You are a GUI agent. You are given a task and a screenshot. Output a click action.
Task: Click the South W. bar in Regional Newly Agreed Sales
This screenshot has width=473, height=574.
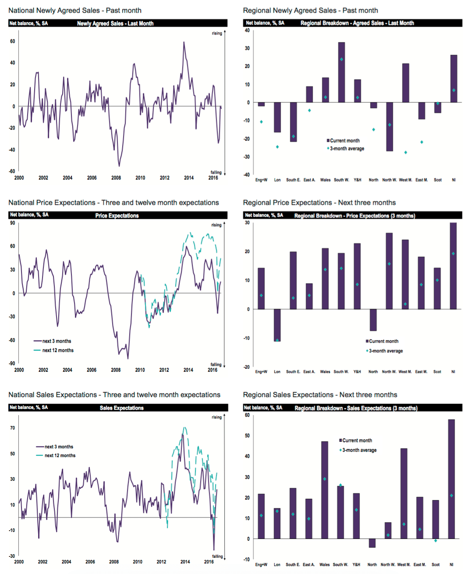(x=341, y=72)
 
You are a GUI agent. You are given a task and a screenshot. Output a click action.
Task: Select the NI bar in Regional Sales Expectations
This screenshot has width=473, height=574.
(x=452, y=479)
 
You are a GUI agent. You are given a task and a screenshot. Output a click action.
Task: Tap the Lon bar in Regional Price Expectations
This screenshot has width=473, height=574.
(x=277, y=325)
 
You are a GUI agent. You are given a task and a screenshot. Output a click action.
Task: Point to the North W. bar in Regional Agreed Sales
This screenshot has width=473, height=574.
(x=389, y=127)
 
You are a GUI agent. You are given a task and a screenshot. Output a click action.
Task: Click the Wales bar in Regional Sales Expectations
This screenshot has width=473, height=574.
(x=325, y=490)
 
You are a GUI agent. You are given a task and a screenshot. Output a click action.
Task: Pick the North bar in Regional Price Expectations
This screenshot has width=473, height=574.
(x=373, y=320)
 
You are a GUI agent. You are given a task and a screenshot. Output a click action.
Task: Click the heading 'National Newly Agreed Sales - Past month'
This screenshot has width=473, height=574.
(x=75, y=10)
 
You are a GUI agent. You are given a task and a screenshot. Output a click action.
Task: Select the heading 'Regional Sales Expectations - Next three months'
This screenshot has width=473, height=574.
(x=320, y=395)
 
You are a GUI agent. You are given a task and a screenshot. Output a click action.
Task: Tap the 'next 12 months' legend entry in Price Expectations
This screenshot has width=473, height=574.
(x=58, y=350)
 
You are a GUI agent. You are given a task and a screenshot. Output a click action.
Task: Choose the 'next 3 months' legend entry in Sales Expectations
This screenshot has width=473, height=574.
(x=59, y=447)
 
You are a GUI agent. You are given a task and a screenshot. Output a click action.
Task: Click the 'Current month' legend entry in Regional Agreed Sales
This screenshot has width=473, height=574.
(x=345, y=140)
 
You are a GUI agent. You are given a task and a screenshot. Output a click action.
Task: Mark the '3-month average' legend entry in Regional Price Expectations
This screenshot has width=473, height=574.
(x=385, y=351)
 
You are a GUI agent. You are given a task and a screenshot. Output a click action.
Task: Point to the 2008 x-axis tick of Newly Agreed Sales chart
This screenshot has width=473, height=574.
(x=116, y=178)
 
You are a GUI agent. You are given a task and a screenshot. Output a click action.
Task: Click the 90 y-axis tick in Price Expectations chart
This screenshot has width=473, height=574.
(x=13, y=223)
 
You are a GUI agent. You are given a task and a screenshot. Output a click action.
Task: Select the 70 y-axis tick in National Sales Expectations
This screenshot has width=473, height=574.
(x=13, y=428)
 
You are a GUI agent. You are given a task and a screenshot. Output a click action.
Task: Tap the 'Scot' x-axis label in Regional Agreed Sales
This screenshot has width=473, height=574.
(x=438, y=180)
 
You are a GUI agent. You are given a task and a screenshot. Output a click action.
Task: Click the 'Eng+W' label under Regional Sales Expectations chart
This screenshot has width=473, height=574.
(x=261, y=565)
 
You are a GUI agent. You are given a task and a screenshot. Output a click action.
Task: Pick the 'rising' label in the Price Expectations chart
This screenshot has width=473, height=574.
(x=216, y=225)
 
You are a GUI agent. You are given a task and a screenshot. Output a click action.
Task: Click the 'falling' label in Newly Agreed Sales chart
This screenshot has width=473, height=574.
(x=216, y=172)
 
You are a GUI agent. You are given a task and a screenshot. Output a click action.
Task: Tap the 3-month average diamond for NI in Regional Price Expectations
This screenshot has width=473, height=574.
(x=453, y=254)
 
